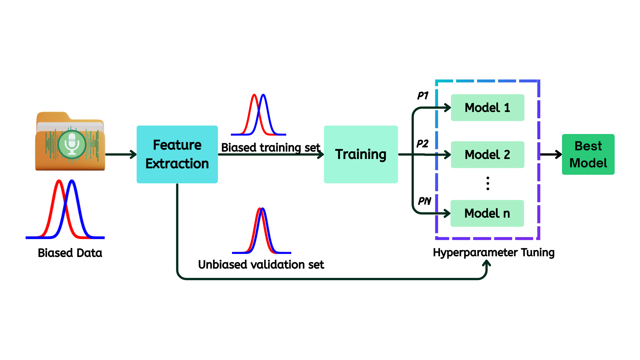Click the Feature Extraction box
click(177, 154)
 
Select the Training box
click(361, 154)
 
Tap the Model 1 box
click(487, 108)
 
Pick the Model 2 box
click(487, 155)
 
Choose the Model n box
click(487, 213)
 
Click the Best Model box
click(588, 154)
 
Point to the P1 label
click(423, 96)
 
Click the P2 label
click(422, 144)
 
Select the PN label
click(424, 201)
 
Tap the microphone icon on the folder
click(72, 145)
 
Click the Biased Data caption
click(70, 253)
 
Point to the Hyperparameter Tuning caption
click(494, 252)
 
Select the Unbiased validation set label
click(261, 265)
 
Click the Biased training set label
click(271, 147)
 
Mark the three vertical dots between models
click(488, 183)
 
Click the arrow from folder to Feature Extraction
click(121, 154)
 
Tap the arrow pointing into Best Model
click(551, 154)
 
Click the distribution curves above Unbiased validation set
click(262, 231)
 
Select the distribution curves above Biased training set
click(259, 115)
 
